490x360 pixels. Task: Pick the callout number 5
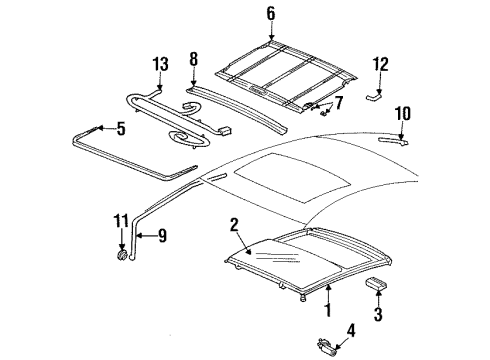click(x=120, y=129)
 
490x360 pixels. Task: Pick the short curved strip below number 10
click(x=394, y=141)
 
